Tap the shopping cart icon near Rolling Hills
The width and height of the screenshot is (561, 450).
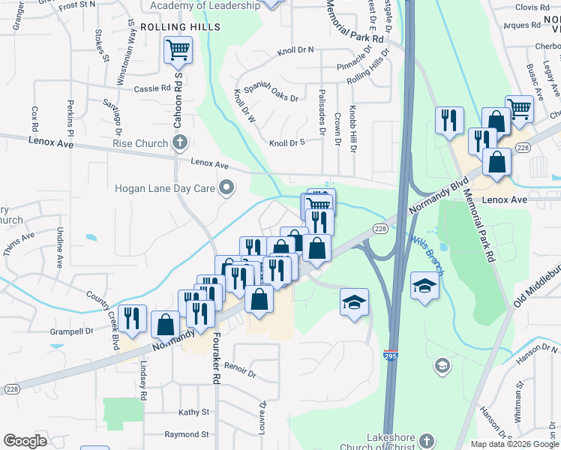pyautogui.click(x=178, y=51)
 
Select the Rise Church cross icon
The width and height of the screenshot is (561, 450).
pyautogui.click(x=179, y=142)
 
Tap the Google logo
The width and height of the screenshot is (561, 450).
pyautogui.click(x=25, y=441)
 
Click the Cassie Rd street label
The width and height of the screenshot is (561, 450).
pyautogui.click(x=152, y=88)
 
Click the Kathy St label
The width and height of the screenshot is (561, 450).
pyautogui.click(x=193, y=412)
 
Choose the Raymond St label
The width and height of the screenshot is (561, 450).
pyautogui.click(x=187, y=434)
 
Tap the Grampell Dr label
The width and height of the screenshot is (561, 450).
pyautogui.click(x=73, y=330)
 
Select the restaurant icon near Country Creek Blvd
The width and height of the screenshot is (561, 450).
pyautogui.click(x=133, y=318)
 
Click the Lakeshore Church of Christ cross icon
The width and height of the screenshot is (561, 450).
pyautogui.click(x=427, y=440)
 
